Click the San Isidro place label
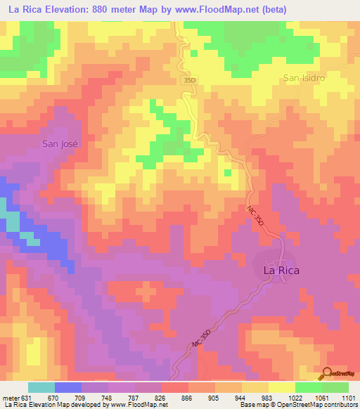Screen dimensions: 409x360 304,78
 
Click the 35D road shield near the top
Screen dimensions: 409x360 189,81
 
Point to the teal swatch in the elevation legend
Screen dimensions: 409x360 41,387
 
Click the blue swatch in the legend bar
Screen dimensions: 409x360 67,387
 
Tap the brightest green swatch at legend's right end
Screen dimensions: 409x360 335,387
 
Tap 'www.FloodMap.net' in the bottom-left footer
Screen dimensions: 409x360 134,405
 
